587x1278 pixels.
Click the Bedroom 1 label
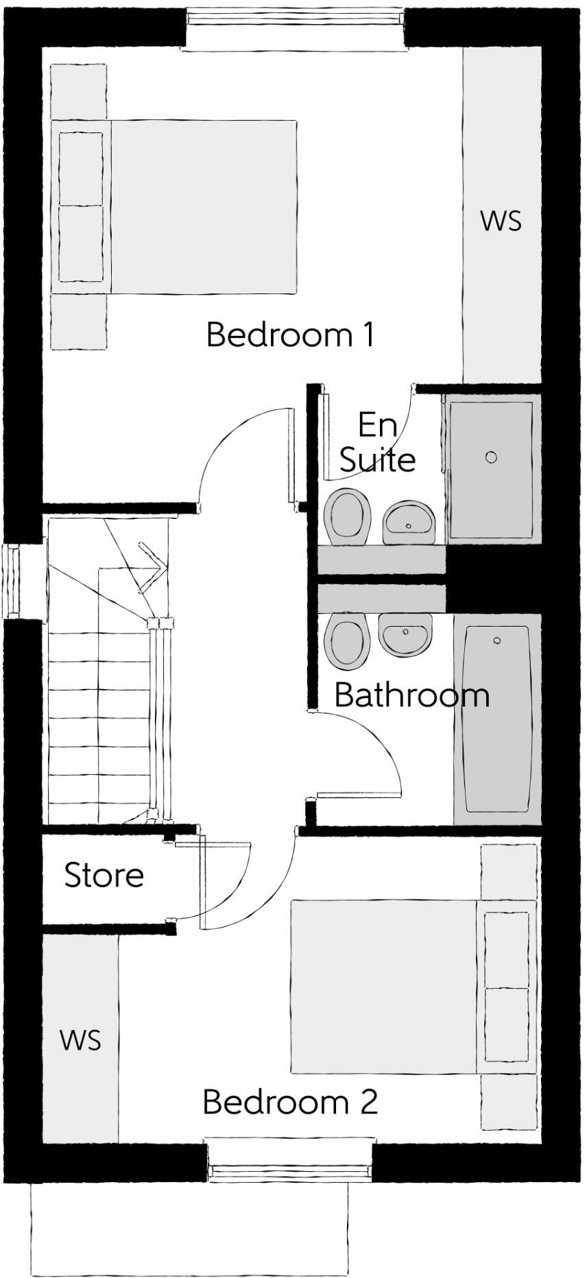pyautogui.click(x=291, y=335)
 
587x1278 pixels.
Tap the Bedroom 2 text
pyautogui.click(x=290, y=1102)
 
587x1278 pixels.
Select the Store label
pyautogui.click(x=104, y=876)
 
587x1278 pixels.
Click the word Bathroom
pyautogui.click(x=411, y=695)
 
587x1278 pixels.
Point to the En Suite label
pyautogui.click(x=377, y=442)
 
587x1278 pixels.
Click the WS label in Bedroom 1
pyautogui.click(x=501, y=221)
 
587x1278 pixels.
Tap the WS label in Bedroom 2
pyautogui.click(x=80, y=1040)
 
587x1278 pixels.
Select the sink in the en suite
pyautogui.click(x=409, y=521)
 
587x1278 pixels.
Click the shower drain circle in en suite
pyautogui.click(x=491, y=457)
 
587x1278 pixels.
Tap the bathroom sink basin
pyautogui.click(x=405, y=634)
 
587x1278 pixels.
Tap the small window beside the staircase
pyautogui.click(x=12, y=580)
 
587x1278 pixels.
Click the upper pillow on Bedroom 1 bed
pyautogui.click(x=81, y=168)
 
